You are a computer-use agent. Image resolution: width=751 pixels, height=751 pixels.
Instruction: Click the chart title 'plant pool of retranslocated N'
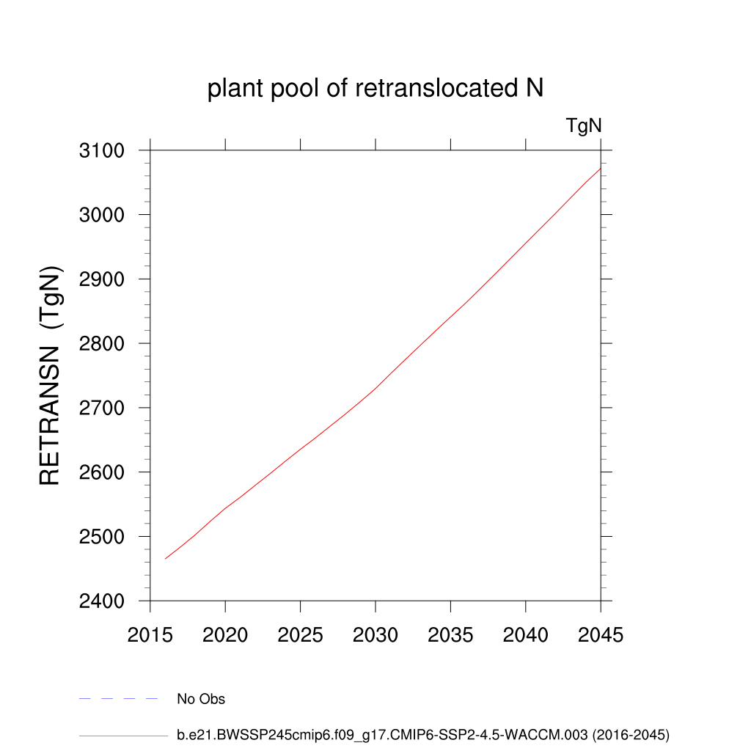coord(375,89)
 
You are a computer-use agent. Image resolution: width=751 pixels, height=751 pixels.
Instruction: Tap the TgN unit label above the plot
coord(584,126)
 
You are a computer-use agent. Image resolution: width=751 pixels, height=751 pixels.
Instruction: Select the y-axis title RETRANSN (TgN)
coord(51,375)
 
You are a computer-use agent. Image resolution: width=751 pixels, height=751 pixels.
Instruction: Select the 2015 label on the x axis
coord(150,635)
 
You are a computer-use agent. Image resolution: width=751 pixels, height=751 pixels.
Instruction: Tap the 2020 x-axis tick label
coord(225,635)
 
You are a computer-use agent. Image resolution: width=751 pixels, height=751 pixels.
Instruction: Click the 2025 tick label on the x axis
coord(301,635)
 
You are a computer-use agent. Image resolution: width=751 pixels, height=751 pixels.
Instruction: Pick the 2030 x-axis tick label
coord(375,635)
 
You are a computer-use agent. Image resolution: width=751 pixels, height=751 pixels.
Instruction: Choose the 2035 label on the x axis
coord(450,635)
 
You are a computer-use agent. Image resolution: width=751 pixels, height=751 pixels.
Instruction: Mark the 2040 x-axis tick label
coord(526,635)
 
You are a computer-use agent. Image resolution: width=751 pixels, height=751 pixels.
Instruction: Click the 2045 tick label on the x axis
coord(601,635)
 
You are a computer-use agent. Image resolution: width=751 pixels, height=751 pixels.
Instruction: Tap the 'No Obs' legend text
coord(201,700)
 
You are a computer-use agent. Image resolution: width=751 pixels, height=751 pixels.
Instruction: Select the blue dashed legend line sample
coord(118,700)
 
